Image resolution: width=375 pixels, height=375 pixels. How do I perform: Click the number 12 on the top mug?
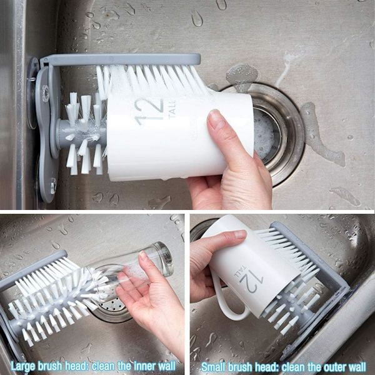point(149,112)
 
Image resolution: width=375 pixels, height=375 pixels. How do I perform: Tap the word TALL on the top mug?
point(172,109)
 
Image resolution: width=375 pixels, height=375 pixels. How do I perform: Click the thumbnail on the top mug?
point(215,118)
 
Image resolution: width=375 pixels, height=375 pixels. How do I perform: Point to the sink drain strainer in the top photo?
point(267,134)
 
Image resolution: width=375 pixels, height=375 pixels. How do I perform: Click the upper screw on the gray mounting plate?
point(45,91)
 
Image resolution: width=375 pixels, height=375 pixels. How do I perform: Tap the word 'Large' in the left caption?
point(22,366)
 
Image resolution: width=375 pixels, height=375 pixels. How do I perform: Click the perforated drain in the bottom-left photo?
point(112,309)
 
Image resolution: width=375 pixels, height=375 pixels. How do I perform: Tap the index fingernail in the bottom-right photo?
point(241,234)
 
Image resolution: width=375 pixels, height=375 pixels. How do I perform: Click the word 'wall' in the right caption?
point(356,367)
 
